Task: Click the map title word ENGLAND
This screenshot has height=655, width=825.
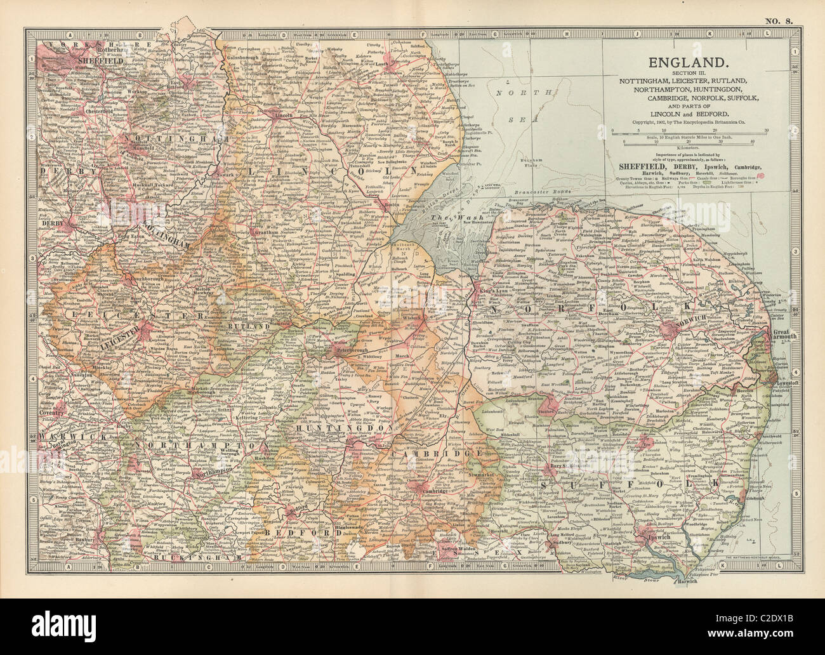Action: click(686, 63)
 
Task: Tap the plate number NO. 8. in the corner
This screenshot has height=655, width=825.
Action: click(779, 21)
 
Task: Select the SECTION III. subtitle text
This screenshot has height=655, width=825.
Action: click(686, 74)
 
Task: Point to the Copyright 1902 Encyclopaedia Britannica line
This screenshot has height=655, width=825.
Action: click(686, 122)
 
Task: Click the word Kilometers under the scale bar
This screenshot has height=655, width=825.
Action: click(689, 145)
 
